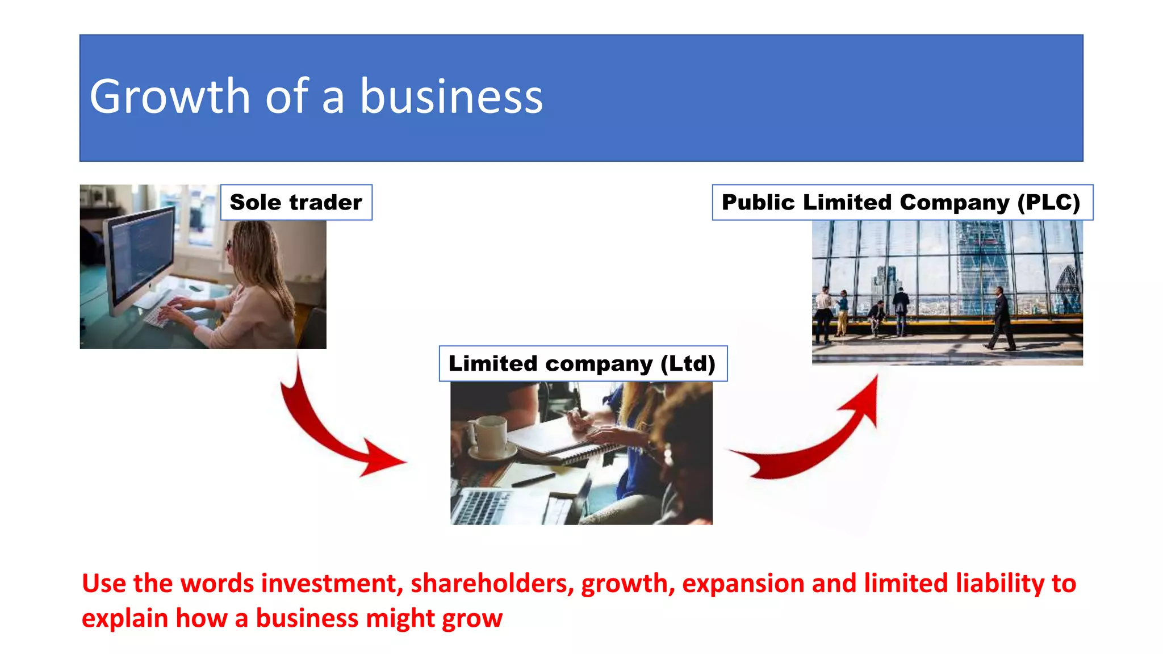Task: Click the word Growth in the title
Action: point(169,97)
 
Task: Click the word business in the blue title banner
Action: point(451,97)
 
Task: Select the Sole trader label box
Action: point(296,202)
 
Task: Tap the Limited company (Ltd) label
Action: point(582,363)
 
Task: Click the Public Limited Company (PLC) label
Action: point(901,202)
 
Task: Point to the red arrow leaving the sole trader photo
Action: point(329,431)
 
